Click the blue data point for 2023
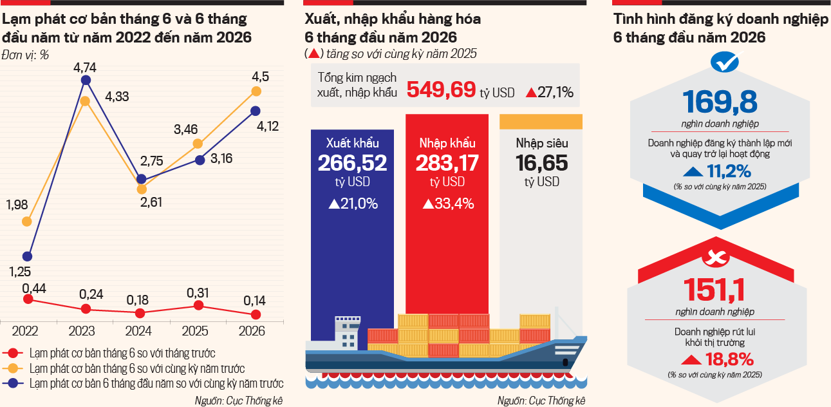[86, 80]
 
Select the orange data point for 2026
[256, 91]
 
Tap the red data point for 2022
[28, 299]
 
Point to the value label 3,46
[186, 129]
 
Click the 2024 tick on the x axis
[138, 331]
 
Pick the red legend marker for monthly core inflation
[13, 353]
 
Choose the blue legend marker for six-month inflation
[13, 383]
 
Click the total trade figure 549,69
[441, 90]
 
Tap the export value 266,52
[353, 163]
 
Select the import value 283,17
[447, 163]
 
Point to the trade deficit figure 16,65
[541, 163]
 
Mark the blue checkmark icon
[725, 62]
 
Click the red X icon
[716, 257]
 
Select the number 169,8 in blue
[720, 102]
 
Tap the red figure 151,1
[714, 290]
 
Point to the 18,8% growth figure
[729, 359]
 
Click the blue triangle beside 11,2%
[693, 171]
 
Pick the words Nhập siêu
[542, 143]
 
